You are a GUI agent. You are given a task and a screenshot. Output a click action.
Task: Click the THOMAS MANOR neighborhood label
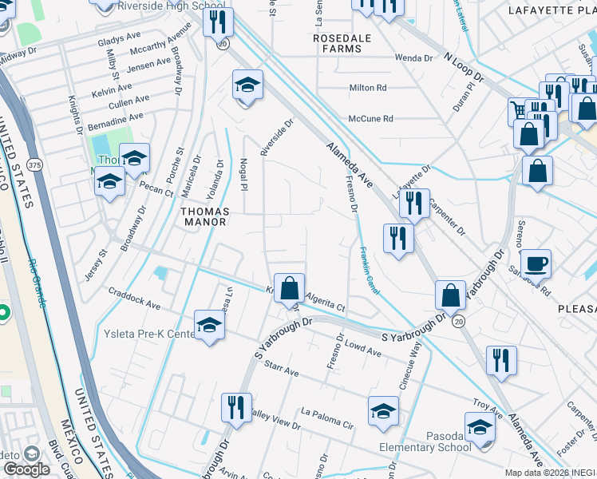206,216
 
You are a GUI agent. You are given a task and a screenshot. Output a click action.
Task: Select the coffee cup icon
536,263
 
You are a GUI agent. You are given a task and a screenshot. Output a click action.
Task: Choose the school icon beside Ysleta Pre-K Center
209,326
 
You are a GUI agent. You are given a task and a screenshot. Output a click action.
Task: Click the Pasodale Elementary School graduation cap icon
480,428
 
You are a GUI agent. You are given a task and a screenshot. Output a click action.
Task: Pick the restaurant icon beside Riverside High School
217,21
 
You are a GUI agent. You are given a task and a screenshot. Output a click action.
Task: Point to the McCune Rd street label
371,119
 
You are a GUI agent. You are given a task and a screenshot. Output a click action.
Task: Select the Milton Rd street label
367,88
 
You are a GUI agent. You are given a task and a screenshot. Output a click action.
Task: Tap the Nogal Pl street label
244,173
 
